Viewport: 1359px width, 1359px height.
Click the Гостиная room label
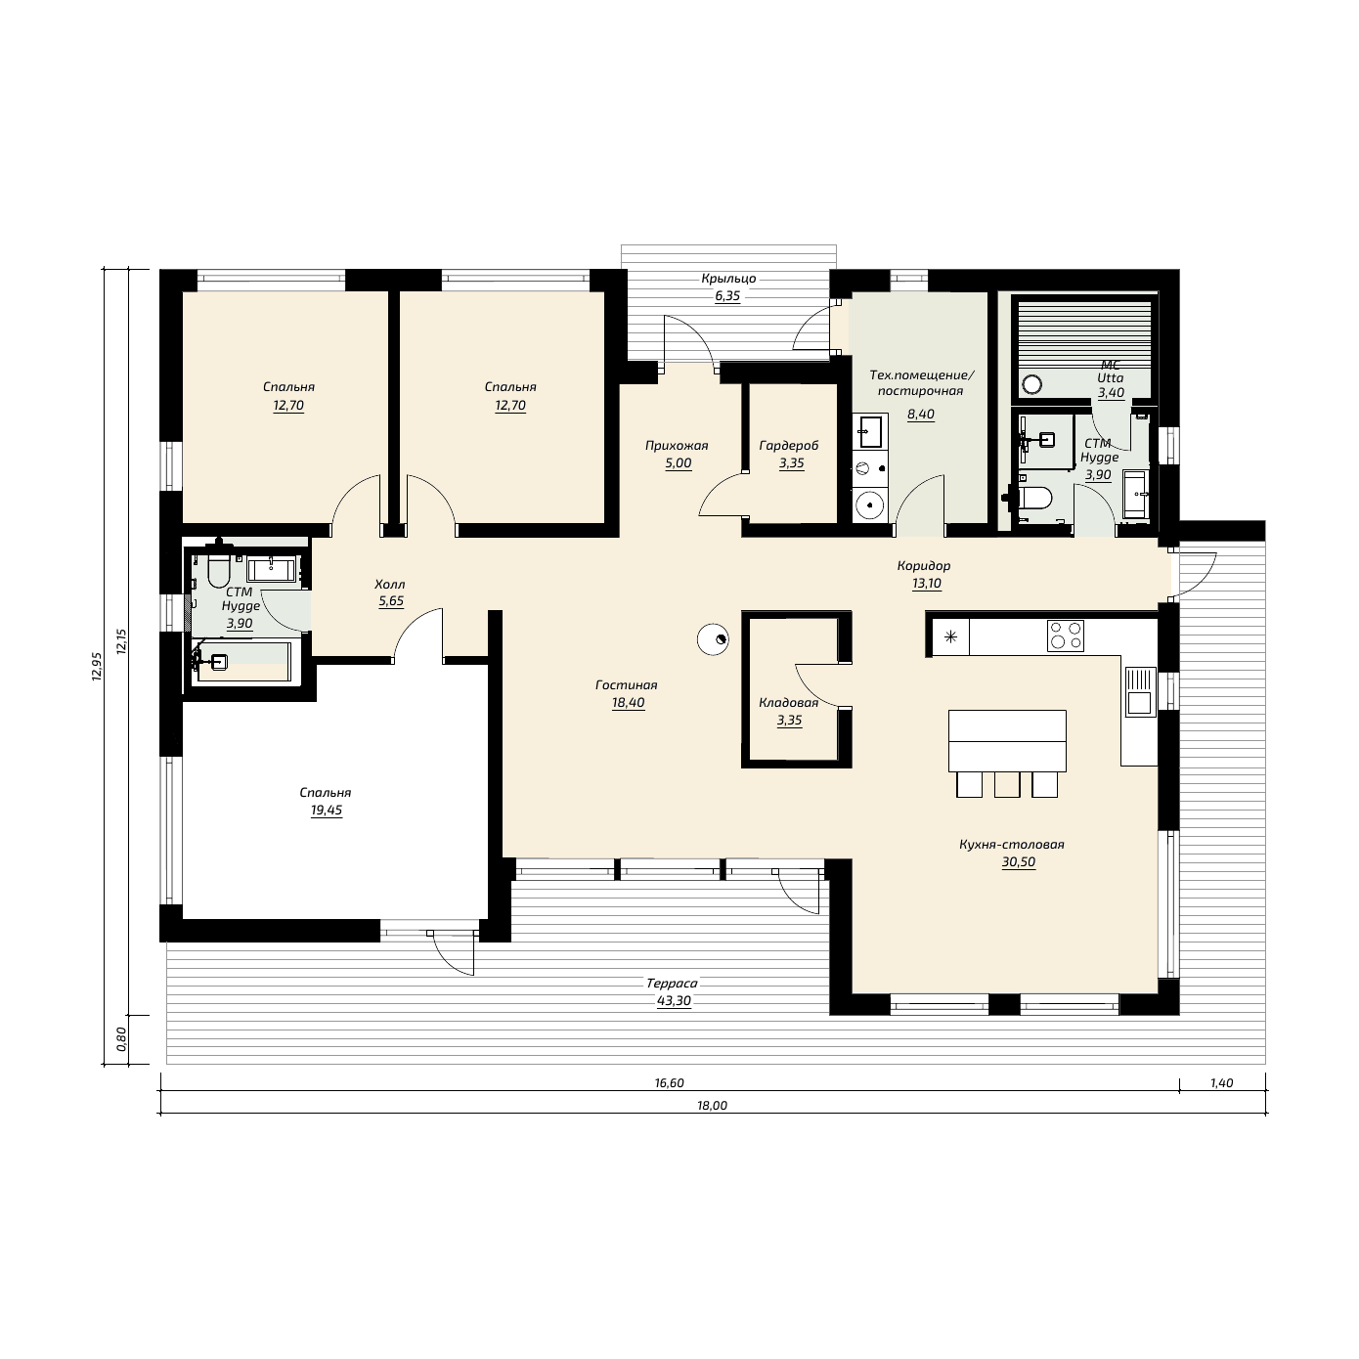pyautogui.click(x=627, y=684)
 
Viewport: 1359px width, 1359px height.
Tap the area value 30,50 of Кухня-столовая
pyautogui.click(x=1019, y=861)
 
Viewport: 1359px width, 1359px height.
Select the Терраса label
pyautogui.click(x=672, y=984)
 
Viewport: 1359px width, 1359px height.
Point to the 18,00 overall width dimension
pyautogui.click(x=713, y=1106)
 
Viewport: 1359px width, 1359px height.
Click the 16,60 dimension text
pyautogui.click(x=670, y=1083)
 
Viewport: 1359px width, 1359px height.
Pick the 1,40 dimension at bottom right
pyautogui.click(x=1221, y=1083)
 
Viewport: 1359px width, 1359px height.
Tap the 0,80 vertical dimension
pyautogui.click(x=121, y=1039)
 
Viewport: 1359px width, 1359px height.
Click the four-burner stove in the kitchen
pyautogui.click(x=1065, y=636)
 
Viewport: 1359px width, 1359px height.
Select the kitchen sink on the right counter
pyautogui.click(x=1140, y=691)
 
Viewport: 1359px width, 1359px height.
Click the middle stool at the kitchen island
pyautogui.click(x=1007, y=785)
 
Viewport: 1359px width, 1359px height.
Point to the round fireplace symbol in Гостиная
pyautogui.click(x=713, y=640)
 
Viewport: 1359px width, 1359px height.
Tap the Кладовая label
pyautogui.click(x=788, y=702)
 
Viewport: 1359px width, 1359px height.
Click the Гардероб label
pyautogui.click(x=788, y=446)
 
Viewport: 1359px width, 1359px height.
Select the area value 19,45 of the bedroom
pyautogui.click(x=326, y=811)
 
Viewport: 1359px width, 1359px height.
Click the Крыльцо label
pyautogui.click(x=728, y=279)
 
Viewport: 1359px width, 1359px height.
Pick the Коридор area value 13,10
pyautogui.click(x=927, y=584)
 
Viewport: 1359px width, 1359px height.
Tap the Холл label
pyautogui.click(x=390, y=584)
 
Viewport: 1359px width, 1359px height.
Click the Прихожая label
pyautogui.click(x=677, y=446)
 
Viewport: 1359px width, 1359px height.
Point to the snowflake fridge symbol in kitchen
pyautogui.click(x=950, y=636)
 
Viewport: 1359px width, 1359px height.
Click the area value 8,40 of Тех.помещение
pyautogui.click(x=920, y=414)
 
